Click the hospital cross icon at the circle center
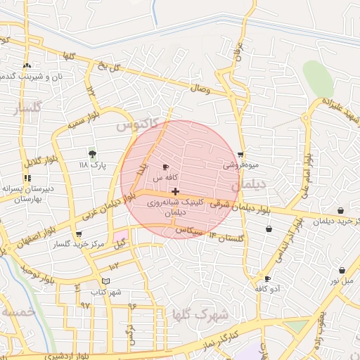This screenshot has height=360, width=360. (x=175, y=191)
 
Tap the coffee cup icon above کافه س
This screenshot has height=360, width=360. (x=165, y=167)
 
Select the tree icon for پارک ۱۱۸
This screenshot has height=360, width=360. (x=91, y=154)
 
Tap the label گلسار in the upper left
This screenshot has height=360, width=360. (x=28, y=109)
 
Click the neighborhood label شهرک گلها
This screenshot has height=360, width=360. (x=200, y=314)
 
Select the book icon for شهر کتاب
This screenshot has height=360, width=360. (x=105, y=281)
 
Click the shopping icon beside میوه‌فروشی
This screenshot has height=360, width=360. (x=241, y=155)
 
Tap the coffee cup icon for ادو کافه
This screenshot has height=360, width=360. (x=267, y=278)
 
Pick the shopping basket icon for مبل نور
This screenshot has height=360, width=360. (x=342, y=270)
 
